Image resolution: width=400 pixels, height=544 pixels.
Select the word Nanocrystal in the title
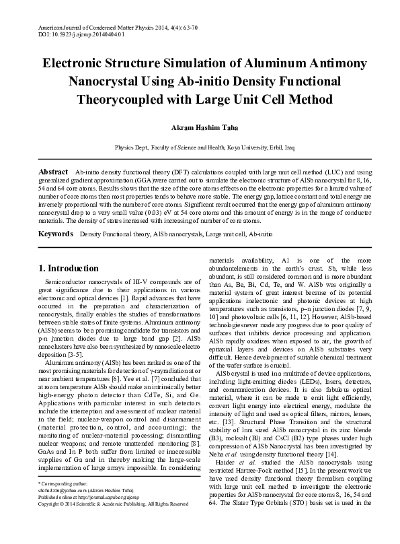pos(108,81)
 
